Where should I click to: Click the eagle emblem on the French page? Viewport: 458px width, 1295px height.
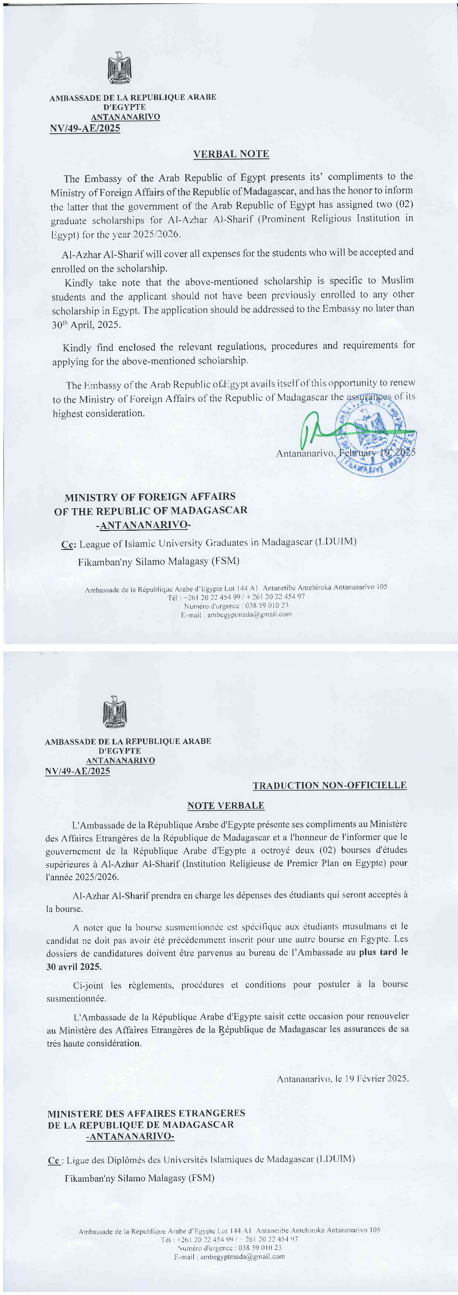point(115,712)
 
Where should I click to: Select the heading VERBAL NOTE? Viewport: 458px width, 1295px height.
point(231,154)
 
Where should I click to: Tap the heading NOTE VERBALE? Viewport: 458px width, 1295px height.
point(225,805)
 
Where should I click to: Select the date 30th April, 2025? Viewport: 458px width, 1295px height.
point(86,325)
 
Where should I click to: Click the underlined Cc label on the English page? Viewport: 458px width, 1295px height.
point(68,544)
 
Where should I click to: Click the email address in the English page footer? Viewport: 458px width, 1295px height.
point(249,614)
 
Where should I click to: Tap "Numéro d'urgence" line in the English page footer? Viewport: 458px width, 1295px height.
point(236,606)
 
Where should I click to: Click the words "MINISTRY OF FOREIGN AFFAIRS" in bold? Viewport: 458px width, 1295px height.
point(150,497)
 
